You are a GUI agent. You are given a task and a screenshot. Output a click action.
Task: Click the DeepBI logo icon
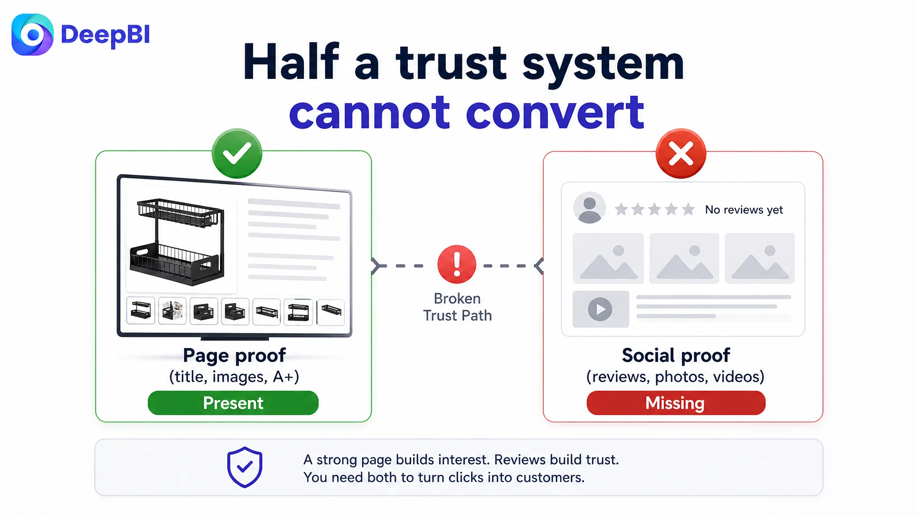tap(32, 34)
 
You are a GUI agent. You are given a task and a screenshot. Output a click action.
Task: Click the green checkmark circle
tap(237, 153)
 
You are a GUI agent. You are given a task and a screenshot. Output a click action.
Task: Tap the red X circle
tap(681, 153)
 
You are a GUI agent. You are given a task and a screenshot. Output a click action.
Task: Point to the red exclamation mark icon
tap(457, 264)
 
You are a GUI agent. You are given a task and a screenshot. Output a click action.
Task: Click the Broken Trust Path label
tap(457, 307)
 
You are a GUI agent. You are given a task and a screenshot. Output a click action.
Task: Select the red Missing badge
tap(676, 403)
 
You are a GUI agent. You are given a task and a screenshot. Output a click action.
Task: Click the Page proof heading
tap(234, 355)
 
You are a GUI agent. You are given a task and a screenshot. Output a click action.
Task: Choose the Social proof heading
tap(676, 355)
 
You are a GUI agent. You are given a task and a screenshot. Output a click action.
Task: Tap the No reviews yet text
tap(744, 210)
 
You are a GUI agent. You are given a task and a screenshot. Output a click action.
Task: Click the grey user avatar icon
tap(589, 208)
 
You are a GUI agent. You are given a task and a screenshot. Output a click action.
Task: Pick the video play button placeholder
tap(601, 309)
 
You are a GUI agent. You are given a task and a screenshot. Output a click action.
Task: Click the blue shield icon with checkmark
tap(244, 467)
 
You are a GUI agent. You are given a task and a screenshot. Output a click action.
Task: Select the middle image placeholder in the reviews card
tap(684, 258)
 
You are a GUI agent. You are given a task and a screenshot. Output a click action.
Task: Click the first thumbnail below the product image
tap(141, 310)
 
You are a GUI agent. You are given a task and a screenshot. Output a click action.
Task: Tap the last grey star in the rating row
tap(688, 209)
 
